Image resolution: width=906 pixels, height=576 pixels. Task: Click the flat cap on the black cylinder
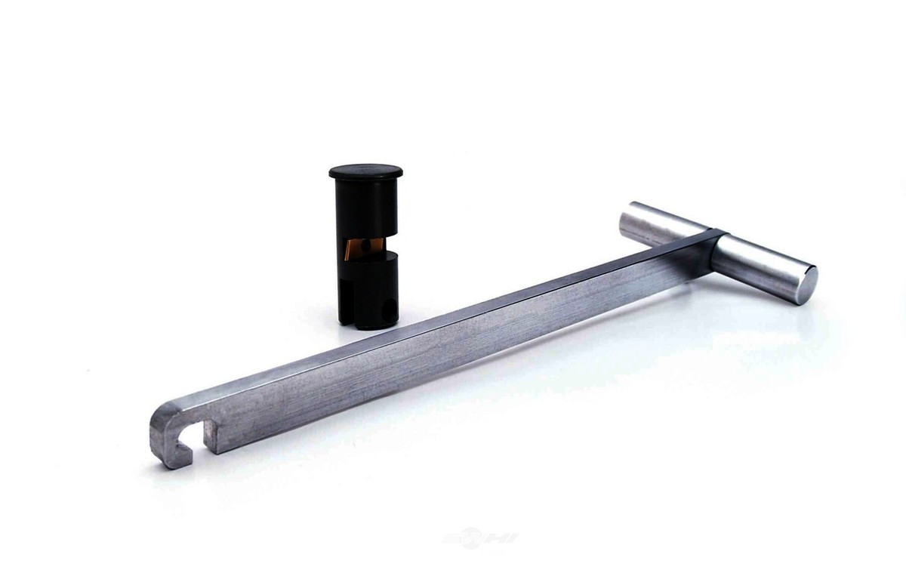click(x=365, y=171)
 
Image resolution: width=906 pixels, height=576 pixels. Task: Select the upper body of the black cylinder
click(x=365, y=208)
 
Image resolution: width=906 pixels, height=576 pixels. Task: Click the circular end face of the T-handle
click(x=806, y=285)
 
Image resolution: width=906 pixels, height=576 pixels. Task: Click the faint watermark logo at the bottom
click(x=480, y=538)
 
